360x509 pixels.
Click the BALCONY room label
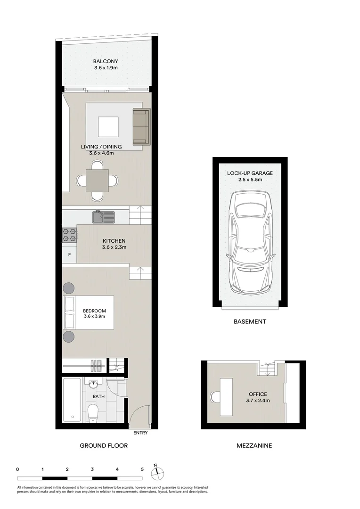105,61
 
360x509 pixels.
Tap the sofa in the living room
141,127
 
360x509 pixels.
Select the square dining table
97,181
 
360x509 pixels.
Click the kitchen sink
103,217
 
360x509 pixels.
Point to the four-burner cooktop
69,235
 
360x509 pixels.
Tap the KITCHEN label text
114,241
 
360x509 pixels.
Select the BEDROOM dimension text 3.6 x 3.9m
94,317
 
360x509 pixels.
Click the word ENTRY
140,433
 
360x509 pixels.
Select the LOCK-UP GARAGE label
250,173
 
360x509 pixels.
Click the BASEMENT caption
250,322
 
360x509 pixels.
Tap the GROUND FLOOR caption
104,445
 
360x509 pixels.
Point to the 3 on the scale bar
92,469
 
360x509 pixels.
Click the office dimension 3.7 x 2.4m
257,401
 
